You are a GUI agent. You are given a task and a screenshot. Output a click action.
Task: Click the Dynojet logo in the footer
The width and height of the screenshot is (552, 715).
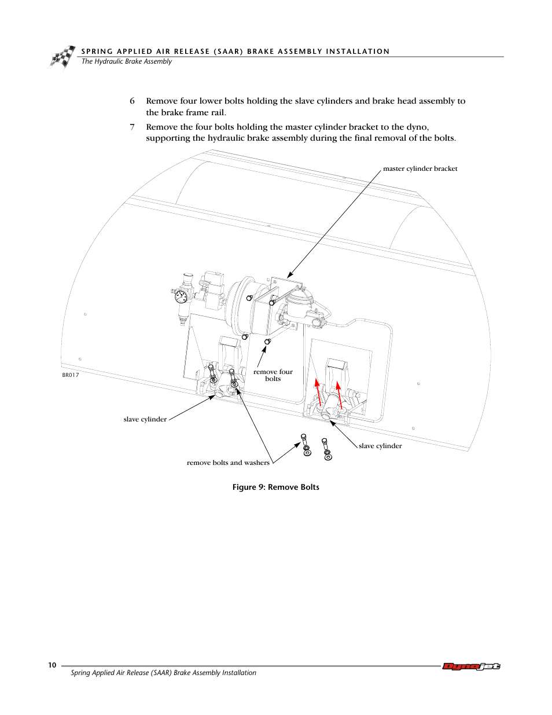(x=471, y=666)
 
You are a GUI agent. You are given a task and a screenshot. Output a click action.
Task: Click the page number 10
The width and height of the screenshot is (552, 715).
(x=52, y=665)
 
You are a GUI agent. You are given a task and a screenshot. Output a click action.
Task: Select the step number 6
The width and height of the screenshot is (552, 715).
(x=133, y=101)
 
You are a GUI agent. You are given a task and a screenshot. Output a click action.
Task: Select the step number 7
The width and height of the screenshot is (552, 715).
(x=133, y=127)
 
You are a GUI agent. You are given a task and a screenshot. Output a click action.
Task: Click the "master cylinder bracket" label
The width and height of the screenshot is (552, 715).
(x=420, y=168)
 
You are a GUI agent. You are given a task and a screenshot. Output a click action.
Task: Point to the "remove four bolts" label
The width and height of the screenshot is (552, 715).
(x=273, y=375)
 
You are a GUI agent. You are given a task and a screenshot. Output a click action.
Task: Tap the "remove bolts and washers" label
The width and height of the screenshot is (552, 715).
(x=228, y=463)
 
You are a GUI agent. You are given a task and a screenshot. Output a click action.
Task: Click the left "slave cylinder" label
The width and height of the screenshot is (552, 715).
(x=145, y=419)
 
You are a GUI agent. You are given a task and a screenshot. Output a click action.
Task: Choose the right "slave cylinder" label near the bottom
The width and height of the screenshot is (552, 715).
(x=380, y=446)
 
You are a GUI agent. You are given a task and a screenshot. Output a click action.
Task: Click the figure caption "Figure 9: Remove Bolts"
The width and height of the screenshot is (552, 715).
(x=275, y=487)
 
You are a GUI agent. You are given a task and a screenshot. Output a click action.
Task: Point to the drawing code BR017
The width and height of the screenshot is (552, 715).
(x=71, y=375)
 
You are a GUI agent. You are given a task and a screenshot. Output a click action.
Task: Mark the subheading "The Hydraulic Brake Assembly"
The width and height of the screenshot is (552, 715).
(x=127, y=61)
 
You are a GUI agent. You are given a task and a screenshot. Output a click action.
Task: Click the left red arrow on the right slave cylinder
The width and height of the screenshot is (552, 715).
(x=318, y=391)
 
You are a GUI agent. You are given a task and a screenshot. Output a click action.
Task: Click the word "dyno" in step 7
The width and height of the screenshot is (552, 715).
(x=417, y=127)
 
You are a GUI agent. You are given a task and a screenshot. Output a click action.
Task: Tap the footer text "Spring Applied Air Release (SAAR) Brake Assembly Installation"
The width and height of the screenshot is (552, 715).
(x=163, y=673)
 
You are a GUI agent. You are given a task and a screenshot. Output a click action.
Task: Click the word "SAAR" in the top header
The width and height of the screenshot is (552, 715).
(x=228, y=52)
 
